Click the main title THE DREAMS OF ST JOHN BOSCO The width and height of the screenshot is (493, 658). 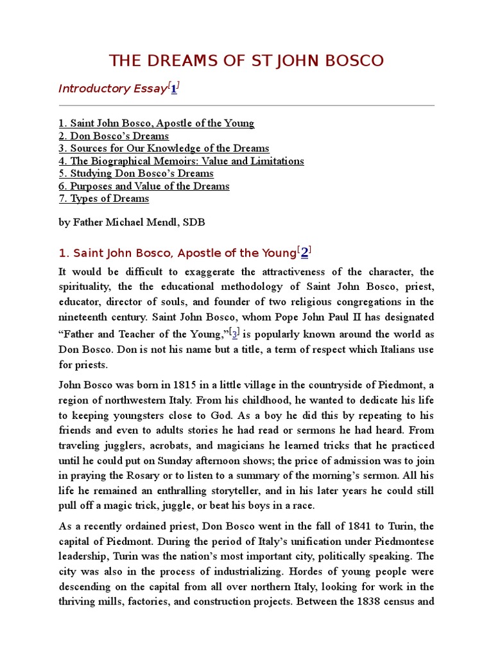(x=246, y=61)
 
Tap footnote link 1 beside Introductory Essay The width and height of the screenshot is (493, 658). (x=174, y=89)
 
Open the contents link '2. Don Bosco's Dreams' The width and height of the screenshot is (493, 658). (x=114, y=136)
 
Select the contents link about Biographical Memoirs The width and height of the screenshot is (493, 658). (x=181, y=161)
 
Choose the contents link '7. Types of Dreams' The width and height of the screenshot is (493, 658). (x=103, y=199)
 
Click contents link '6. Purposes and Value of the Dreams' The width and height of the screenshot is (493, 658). (x=144, y=186)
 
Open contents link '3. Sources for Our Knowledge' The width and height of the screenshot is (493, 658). (x=164, y=148)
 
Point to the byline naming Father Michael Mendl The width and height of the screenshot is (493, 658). (x=132, y=222)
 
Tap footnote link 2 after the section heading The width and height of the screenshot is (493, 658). (x=305, y=253)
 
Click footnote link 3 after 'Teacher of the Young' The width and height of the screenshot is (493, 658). (x=235, y=334)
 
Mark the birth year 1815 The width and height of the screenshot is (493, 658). (x=170, y=385)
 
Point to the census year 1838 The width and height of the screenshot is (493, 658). (x=384, y=603)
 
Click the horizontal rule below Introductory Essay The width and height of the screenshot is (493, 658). (x=246, y=105)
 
